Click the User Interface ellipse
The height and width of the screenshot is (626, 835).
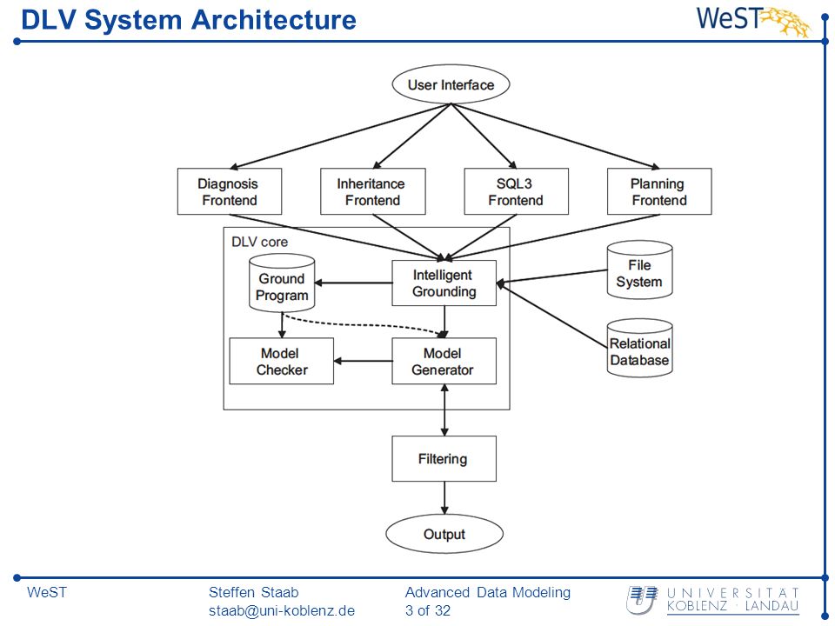(451, 84)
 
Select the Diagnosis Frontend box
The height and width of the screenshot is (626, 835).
(230, 191)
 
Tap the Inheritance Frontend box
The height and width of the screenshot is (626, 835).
(373, 191)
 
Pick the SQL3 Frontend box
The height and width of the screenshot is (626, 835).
(516, 191)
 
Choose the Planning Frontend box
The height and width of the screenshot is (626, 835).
(659, 191)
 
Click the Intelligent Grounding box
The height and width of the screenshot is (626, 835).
(444, 283)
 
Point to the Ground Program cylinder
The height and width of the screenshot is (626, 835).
(282, 283)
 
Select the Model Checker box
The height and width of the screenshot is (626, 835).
(281, 361)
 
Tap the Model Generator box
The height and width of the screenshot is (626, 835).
(444, 361)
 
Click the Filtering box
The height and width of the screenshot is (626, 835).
(444, 459)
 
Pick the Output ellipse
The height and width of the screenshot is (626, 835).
(444, 534)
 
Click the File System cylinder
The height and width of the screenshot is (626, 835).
(639, 270)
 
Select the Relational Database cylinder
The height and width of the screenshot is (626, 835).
(639, 348)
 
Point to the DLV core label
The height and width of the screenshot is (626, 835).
(259, 243)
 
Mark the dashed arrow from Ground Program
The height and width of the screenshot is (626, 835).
(362, 324)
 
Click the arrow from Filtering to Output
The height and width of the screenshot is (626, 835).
(444, 498)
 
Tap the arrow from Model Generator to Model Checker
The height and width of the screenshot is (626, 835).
(364, 361)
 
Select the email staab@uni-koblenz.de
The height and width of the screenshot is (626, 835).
(282, 610)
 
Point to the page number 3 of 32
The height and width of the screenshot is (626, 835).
(428, 610)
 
